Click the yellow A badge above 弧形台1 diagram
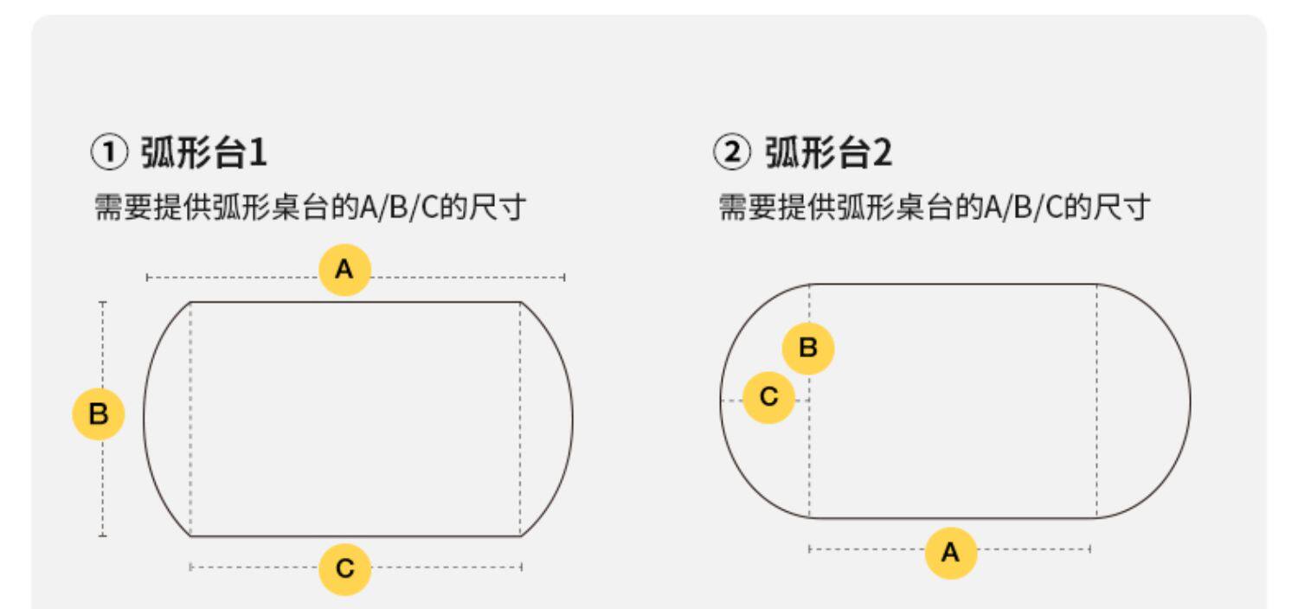344,271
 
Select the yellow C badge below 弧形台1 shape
344,567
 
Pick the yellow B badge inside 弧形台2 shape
808,349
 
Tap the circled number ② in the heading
731,156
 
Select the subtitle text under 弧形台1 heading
309,208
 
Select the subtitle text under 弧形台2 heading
934,208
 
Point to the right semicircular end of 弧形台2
1189,401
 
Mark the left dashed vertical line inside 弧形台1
190,420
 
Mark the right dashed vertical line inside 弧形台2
1097,401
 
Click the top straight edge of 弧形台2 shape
952,284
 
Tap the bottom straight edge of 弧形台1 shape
355,536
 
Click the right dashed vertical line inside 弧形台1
521,420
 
